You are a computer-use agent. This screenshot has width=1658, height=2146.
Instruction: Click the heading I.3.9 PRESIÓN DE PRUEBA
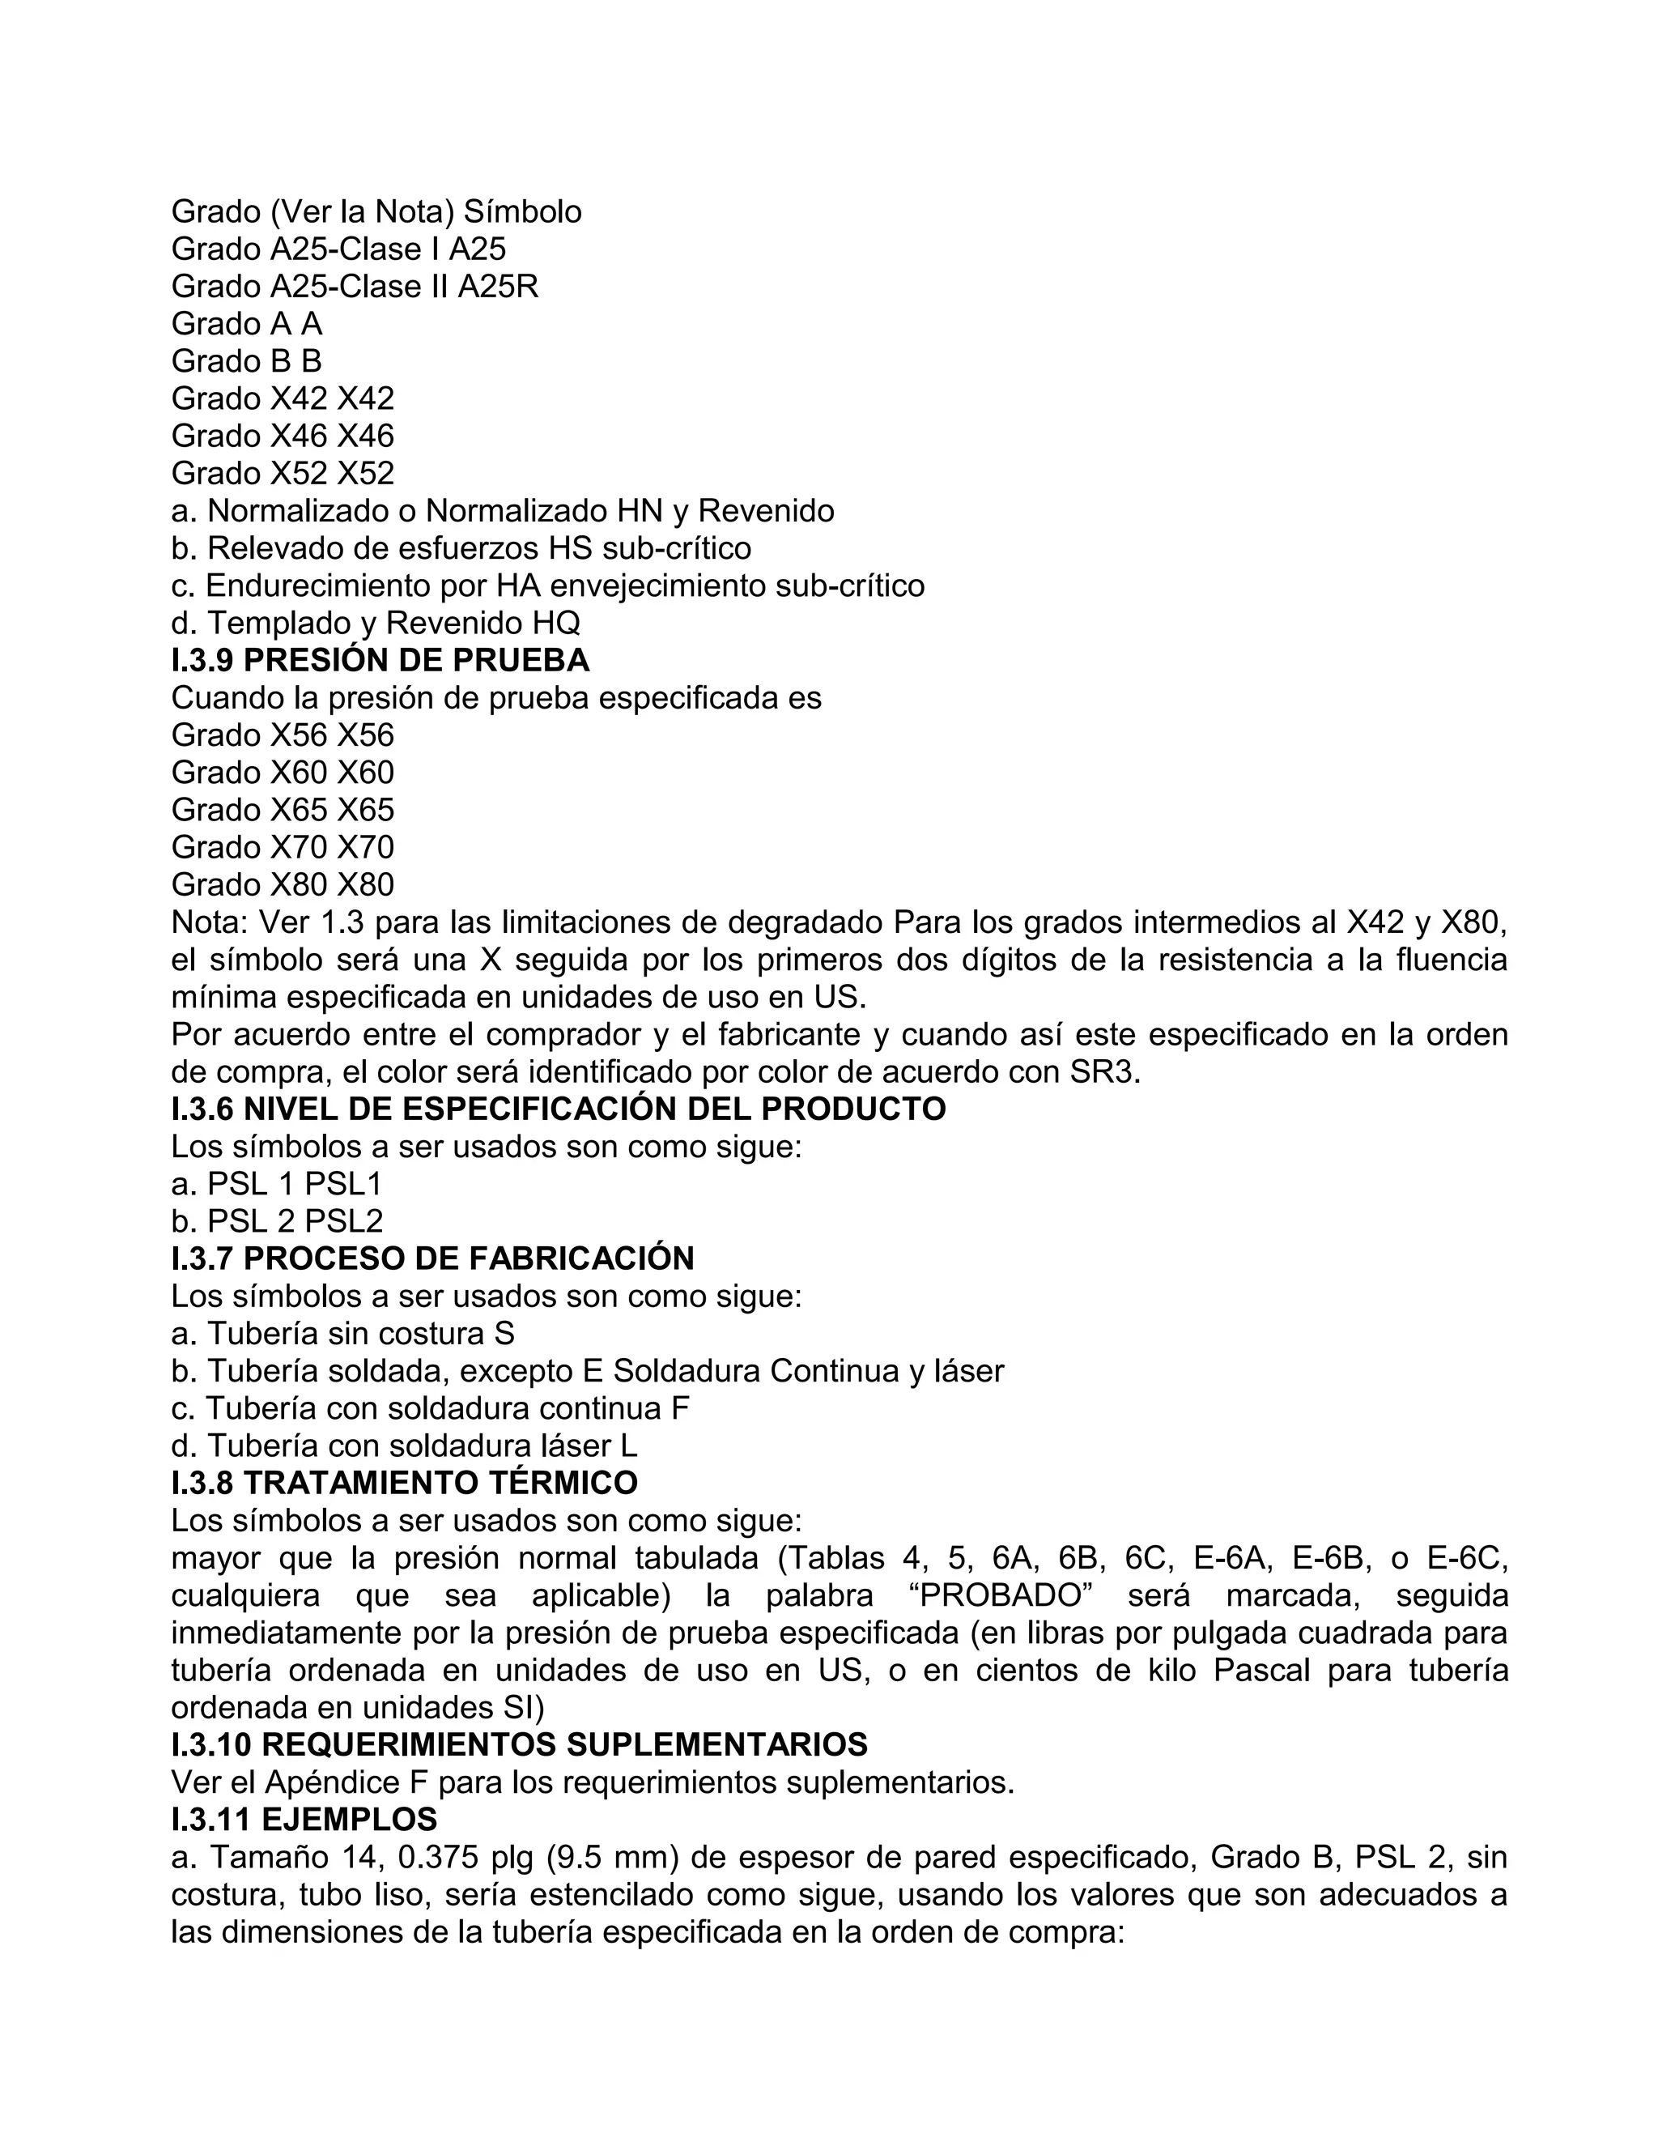380,660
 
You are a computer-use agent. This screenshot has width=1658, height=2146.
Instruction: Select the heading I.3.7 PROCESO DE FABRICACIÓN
432,1258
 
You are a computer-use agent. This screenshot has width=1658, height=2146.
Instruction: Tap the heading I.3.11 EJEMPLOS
304,1820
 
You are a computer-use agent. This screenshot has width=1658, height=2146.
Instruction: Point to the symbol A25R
498,286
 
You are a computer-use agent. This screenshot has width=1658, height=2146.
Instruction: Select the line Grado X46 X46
282,436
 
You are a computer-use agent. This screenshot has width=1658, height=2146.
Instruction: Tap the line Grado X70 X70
282,847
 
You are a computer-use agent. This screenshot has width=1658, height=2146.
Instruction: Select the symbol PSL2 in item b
344,1221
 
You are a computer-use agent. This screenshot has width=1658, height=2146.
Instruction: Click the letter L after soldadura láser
628,1446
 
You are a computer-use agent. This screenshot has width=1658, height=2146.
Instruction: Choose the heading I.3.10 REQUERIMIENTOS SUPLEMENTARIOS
519,1745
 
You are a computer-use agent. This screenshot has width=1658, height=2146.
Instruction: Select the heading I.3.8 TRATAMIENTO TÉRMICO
404,1483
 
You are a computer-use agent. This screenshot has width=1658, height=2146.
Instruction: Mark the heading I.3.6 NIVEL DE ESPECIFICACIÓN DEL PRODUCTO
558,1109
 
